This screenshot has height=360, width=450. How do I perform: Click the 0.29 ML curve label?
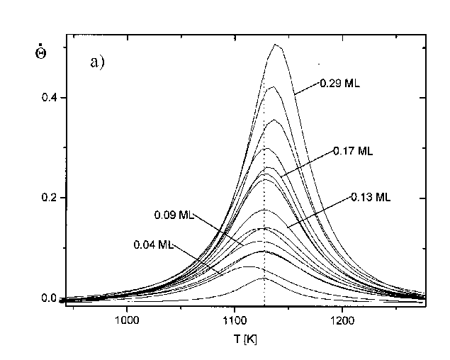pyautogui.click(x=341, y=84)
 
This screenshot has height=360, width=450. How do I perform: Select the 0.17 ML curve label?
pyautogui.click(x=352, y=151)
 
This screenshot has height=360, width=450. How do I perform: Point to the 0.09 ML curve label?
pyautogui.click(x=173, y=214)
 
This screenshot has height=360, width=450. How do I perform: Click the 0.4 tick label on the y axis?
pyautogui.click(x=49, y=98)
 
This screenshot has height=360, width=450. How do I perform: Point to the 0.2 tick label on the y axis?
pyautogui.click(x=49, y=198)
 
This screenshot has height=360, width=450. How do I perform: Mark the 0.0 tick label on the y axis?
pyautogui.click(x=49, y=298)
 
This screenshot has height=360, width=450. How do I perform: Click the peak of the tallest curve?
pyautogui.click(x=276, y=45)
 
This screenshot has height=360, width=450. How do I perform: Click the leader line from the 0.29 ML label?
pyautogui.click(x=307, y=89)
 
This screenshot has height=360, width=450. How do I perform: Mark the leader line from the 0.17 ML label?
pyautogui.click(x=308, y=162)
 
